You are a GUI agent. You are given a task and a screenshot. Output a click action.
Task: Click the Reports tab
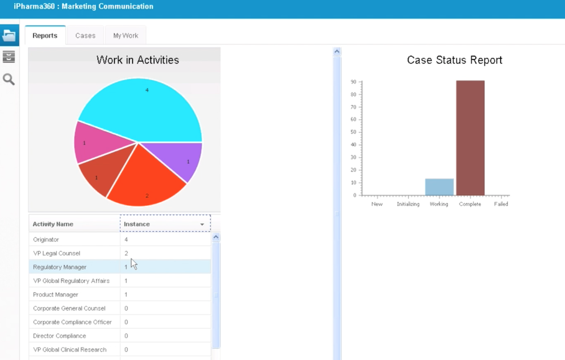click(45, 36)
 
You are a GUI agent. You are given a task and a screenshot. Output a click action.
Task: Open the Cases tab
click(85, 36)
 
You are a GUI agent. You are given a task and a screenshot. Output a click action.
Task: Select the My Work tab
click(125, 36)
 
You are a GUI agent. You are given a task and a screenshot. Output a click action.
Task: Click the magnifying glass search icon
click(9, 79)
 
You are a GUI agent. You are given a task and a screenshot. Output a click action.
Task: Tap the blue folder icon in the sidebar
click(9, 35)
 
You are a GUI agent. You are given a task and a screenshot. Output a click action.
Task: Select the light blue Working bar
click(439, 186)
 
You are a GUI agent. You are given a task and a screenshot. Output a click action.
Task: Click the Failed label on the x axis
click(501, 204)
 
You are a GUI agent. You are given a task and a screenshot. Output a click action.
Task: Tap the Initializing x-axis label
click(408, 204)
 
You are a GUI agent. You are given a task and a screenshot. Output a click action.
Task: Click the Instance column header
click(164, 224)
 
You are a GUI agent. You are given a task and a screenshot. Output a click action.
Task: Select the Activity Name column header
click(53, 224)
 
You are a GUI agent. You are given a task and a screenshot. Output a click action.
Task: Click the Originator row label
click(46, 240)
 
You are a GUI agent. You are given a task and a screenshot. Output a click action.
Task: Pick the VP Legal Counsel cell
click(56, 253)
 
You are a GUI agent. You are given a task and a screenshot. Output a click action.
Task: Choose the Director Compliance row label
click(59, 336)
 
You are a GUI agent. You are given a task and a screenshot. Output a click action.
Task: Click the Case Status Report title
click(454, 60)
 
